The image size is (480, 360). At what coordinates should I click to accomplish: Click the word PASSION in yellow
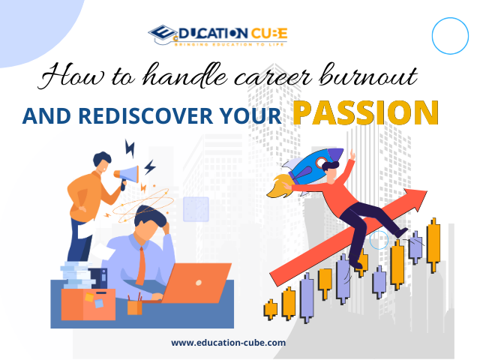[366, 112]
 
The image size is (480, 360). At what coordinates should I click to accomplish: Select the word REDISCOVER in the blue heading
[145, 116]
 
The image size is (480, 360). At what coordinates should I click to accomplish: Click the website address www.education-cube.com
[228, 342]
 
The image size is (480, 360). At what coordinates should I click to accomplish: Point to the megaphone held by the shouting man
[127, 175]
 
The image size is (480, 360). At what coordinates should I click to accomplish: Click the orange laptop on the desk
[196, 283]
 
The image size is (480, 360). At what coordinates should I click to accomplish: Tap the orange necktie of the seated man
[140, 265]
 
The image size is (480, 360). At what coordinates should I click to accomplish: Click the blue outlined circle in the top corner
[450, 36]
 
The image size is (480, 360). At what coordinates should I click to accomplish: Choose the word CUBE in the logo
[269, 33]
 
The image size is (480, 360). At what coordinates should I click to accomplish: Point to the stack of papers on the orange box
[76, 274]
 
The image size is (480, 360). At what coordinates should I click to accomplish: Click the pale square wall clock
[196, 209]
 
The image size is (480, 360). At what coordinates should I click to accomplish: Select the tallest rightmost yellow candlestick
[433, 245]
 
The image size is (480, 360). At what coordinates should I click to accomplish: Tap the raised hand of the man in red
[352, 154]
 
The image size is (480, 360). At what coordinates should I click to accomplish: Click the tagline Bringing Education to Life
[229, 45]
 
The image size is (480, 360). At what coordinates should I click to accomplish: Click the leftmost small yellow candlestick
[270, 310]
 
